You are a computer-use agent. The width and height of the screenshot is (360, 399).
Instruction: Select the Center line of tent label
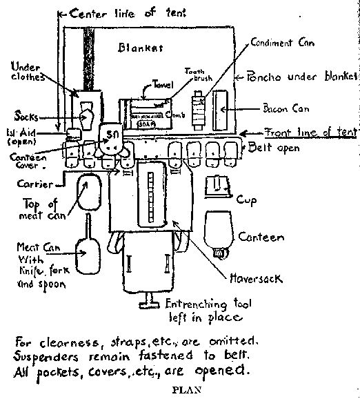112,13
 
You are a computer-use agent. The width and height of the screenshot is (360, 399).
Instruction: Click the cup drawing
220,186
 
